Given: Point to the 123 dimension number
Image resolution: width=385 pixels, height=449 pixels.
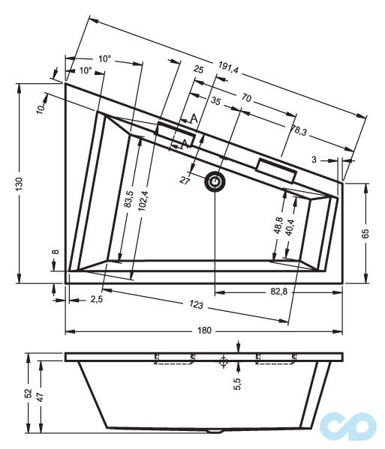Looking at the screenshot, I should click(197, 305).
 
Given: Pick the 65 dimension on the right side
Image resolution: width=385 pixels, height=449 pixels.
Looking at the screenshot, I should click(365, 233).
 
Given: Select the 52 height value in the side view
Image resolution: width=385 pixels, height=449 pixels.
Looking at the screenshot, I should click(29, 393).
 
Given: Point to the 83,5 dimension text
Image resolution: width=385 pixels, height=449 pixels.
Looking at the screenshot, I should click(129, 200).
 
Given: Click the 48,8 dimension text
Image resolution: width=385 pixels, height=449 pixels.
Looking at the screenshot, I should click(278, 226).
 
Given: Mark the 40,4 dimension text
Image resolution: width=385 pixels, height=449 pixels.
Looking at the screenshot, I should click(290, 226).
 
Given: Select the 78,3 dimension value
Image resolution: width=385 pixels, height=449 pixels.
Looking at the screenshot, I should click(298, 130).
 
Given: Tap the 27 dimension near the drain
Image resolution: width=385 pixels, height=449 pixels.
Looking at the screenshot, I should click(185, 180).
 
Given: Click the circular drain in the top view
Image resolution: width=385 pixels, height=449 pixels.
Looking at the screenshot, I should click(216, 181).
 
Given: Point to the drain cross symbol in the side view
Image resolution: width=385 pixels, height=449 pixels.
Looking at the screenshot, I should click(223, 361).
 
